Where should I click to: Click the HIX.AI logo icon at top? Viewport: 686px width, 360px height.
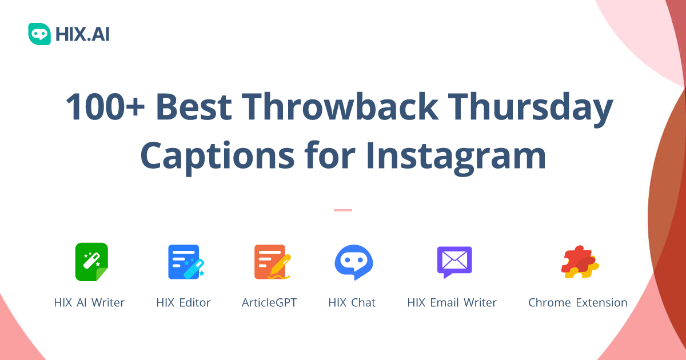pyautogui.click(x=39, y=34)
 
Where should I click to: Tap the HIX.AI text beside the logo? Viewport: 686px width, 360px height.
pyautogui.click(x=82, y=34)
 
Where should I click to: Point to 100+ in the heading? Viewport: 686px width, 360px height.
pyautogui.click(x=104, y=107)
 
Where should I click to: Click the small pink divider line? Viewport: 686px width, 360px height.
pyautogui.click(x=343, y=210)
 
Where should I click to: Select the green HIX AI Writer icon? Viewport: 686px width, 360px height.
pyautogui.click(x=91, y=262)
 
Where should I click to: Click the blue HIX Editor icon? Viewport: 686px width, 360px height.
pyautogui.click(x=185, y=262)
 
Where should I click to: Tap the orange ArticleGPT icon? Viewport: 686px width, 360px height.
pyautogui.click(x=271, y=262)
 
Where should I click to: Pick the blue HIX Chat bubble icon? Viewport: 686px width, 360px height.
pyautogui.click(x=353, y=262)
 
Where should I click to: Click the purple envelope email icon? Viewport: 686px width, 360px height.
pyautogui.click(x=454, y=262)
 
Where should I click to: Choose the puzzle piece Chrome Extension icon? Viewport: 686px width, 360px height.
pyautogui.click(x=579, y=262)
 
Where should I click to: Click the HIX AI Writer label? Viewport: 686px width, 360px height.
pyautogui.click(x=89, y=303)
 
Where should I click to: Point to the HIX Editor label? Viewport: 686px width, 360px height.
pyautogui.click(x=184, y=303)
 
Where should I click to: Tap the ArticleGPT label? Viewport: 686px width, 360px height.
pyautogui.click(x=269, y=303)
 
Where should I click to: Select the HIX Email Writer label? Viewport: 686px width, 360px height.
pyautogui.click(x=452, y=303)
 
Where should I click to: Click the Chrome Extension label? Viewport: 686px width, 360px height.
pyautogui.click(x=577, y=303)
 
